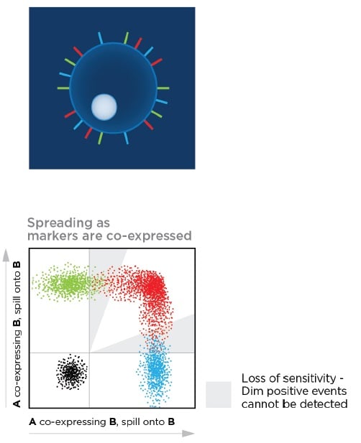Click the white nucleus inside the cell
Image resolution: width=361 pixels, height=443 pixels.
(x=104, y=107)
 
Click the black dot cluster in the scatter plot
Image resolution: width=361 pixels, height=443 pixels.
(x=72, y=373)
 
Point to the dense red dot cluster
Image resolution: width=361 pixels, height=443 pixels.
(x=152, y=285)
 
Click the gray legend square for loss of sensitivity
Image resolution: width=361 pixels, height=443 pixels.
(x=219, y=394)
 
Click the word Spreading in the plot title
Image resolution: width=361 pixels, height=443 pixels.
(x=60, y=223)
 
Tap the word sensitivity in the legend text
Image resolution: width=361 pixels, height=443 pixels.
(x=309, y=378)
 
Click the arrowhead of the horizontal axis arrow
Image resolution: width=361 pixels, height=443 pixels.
(x=188, y=434)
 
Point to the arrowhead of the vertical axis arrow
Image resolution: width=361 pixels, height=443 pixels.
(x=6, y=256)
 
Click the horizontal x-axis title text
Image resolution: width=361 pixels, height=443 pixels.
(x=102, y=421)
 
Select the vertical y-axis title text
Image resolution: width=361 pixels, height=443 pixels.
(x=17, y=335)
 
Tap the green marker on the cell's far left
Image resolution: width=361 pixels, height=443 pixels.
(x=63, y=88)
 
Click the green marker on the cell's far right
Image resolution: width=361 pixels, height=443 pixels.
(x=163, y=88)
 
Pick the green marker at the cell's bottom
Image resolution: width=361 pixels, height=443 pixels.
(x=101, y=139)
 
